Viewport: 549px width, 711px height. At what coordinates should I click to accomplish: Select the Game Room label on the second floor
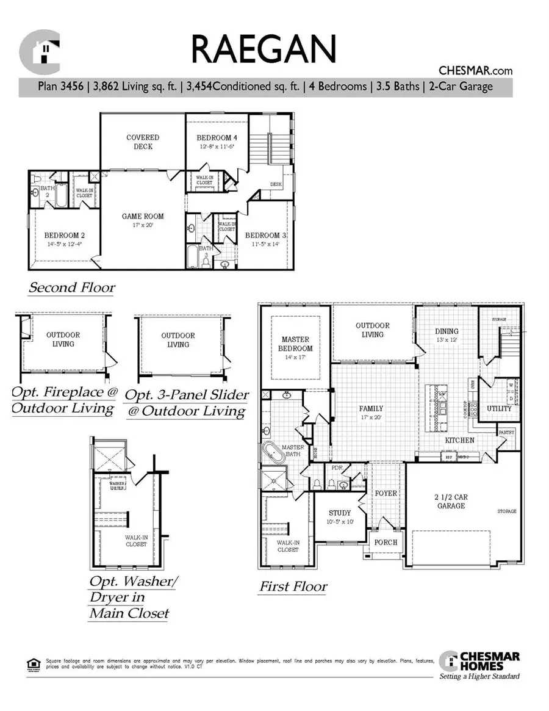[143, 216]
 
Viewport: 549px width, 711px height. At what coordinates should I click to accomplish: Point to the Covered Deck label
[143, 142]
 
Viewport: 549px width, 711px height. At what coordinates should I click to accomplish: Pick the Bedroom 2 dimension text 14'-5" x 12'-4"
[63, 244]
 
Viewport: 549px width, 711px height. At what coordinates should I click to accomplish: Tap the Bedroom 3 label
[266, 235]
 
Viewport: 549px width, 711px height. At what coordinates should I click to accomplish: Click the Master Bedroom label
[296, 344]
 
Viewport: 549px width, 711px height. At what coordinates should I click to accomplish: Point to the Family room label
[371, 408]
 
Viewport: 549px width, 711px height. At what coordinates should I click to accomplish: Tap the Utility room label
[499, 408]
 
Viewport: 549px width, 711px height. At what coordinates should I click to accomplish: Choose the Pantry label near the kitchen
[506, 432]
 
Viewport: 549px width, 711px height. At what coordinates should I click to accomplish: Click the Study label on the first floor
[340, 513]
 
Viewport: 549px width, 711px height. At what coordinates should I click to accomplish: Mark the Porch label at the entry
[386, 542]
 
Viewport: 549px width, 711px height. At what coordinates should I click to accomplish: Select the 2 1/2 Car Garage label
[451, 501]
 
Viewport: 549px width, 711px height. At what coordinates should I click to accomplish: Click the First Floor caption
[293, 586]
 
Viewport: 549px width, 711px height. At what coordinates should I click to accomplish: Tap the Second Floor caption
[72, 287]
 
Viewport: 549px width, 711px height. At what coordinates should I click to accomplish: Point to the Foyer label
[386, 493]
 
